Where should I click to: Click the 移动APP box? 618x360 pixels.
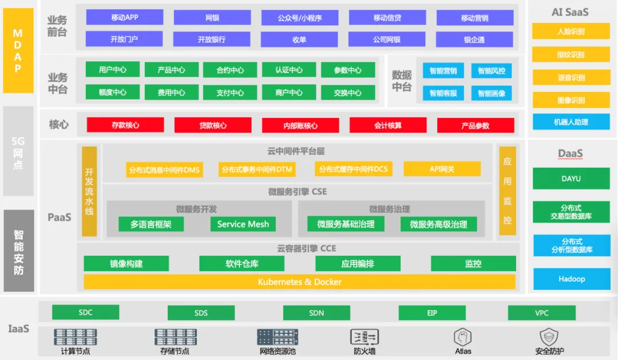coord(124,18)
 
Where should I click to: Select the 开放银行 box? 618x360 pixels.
coord(212,39)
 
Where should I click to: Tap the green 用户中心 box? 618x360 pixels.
coord(113,70)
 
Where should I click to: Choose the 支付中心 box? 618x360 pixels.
coord(230,93)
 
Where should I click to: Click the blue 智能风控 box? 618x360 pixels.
coord(492,71)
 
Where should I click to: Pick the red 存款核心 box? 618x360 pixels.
coord(125,125)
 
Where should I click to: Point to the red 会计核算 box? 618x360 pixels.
coord(388,125)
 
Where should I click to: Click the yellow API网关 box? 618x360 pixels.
coord(442,169)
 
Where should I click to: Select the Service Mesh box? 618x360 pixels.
coord(243,224)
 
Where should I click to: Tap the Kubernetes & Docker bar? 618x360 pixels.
coord(299,282)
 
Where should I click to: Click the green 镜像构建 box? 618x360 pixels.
coord(126,264)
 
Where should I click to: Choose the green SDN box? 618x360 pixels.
coord(316,312)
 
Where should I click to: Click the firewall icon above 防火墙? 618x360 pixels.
coord(365,337)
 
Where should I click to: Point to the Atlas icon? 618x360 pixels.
coord(463,337)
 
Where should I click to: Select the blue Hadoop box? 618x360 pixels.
coord(572,279)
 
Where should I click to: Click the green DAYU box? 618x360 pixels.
coord(571,179)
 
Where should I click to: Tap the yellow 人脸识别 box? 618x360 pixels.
coord(571,31)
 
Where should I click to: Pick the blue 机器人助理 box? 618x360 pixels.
coord(571,122)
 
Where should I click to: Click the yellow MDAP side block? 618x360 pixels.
coord(18,51)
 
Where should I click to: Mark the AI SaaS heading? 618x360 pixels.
coord(570,11)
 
